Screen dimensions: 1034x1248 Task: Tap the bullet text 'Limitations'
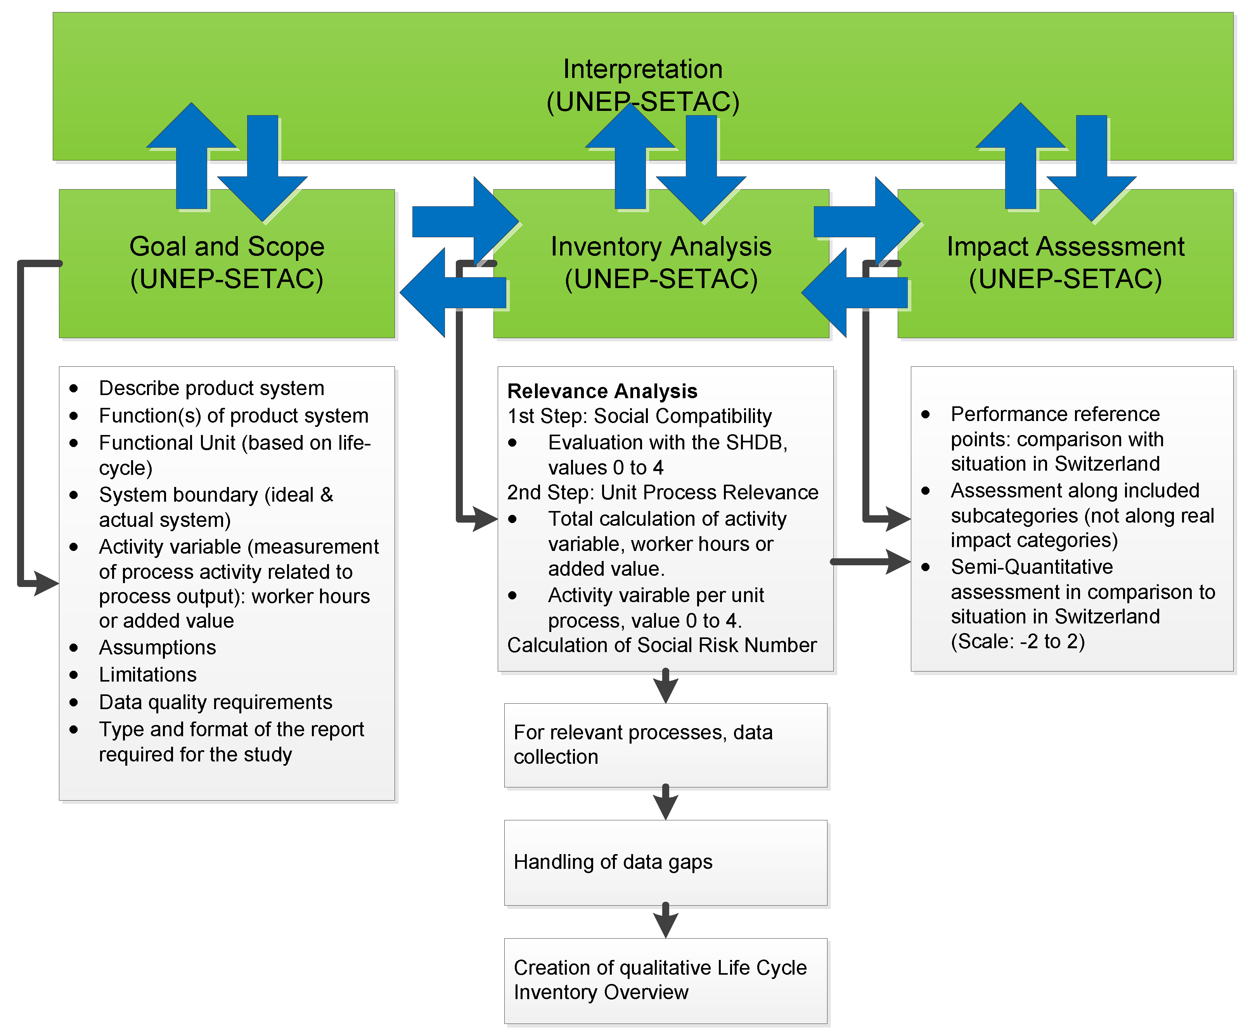(147, 675)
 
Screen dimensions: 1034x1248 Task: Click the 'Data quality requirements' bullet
(215, 702)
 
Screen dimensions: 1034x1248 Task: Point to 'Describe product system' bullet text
(211, 388)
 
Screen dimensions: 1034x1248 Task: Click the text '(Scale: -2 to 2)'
(1018, 641)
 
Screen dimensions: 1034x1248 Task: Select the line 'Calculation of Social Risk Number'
(661, 645)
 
